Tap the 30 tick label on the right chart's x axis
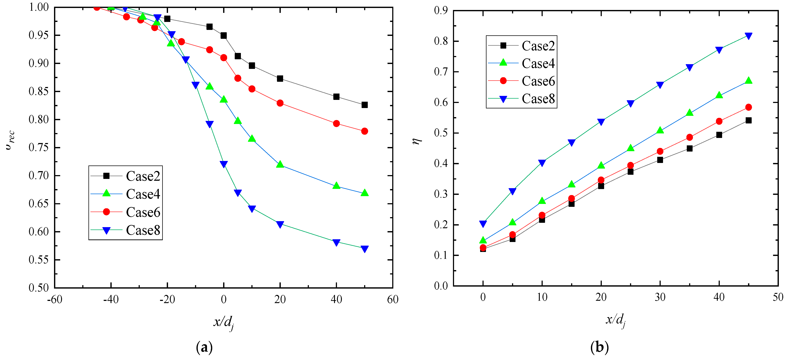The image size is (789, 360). pyautogui.click(x=660, y=297)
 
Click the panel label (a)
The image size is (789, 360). pyautogui.click(x=204, y=347)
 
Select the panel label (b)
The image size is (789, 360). pyautogui.click(x=599, y=347)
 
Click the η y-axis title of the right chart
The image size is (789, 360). pyautogui.click(x=417, y=141)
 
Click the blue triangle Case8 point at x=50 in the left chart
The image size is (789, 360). pyautogui.click(x=365, y=249)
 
